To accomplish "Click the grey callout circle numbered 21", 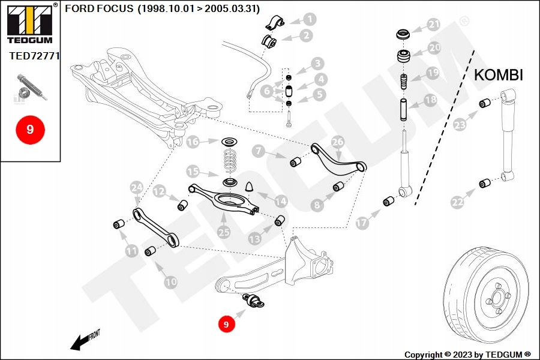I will click(433, 25).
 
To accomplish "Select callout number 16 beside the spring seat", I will click(193, 142).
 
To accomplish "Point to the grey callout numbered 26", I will click(337, 142).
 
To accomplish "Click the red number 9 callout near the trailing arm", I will click(226, 324).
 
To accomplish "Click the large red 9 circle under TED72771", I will click(30, 128).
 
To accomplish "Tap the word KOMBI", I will click(499, 75).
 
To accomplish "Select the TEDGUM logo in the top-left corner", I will click(29, 23).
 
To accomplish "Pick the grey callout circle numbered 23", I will click(460, 125).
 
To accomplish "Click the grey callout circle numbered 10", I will click(170, 281).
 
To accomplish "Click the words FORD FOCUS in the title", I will click(99, 9).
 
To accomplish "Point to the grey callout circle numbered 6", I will click(266, 91).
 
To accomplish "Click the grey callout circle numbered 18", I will click(430, 101).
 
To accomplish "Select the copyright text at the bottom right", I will click(467, 354).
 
